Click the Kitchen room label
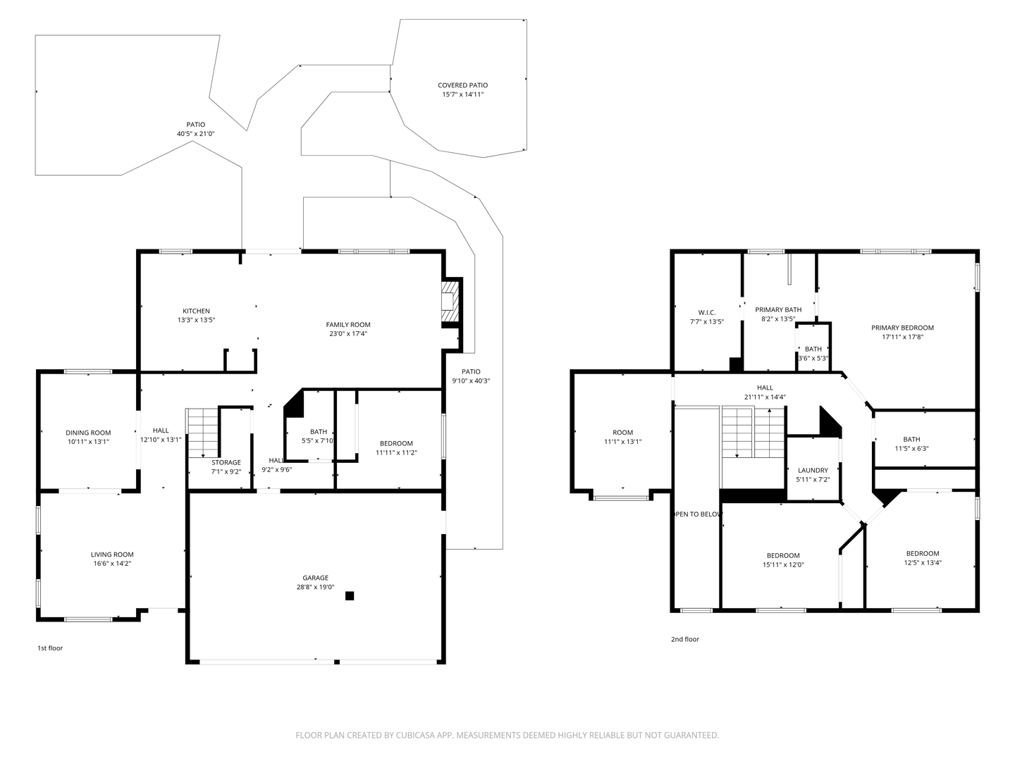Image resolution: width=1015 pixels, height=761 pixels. (x=196, y=311)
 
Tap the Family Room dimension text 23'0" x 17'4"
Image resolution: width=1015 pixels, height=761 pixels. (x=348, y=334)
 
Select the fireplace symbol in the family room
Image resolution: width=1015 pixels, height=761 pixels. (x=449, y=301)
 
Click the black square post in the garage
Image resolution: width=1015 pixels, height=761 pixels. (x=350, y=596)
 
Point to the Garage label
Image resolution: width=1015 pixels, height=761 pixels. (x=315, y=578)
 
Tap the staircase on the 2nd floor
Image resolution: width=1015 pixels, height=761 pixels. (x=753, y=433)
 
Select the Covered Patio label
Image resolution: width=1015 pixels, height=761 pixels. (x=462, y=85)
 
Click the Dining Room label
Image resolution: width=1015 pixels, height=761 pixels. (x=88, y=433)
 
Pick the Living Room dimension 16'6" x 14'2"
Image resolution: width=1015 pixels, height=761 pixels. (x=111, y=564)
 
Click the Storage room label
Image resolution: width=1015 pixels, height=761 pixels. (x=226, y=462)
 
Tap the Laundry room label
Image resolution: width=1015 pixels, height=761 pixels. (x=813, y=470)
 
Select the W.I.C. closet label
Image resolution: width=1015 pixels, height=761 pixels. (x=706, y=312)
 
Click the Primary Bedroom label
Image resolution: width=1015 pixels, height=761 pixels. (x=902, y=328)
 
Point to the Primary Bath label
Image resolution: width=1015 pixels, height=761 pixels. (x=778, y=309)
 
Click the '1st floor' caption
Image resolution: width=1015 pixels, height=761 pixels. (x=50, y=648)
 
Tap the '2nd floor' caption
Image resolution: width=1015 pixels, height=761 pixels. (x=684, y=639)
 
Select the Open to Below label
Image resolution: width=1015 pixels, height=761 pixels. (x=697, y=514)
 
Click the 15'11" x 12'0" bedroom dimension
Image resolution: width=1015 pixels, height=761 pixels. (x=783, y=564)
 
